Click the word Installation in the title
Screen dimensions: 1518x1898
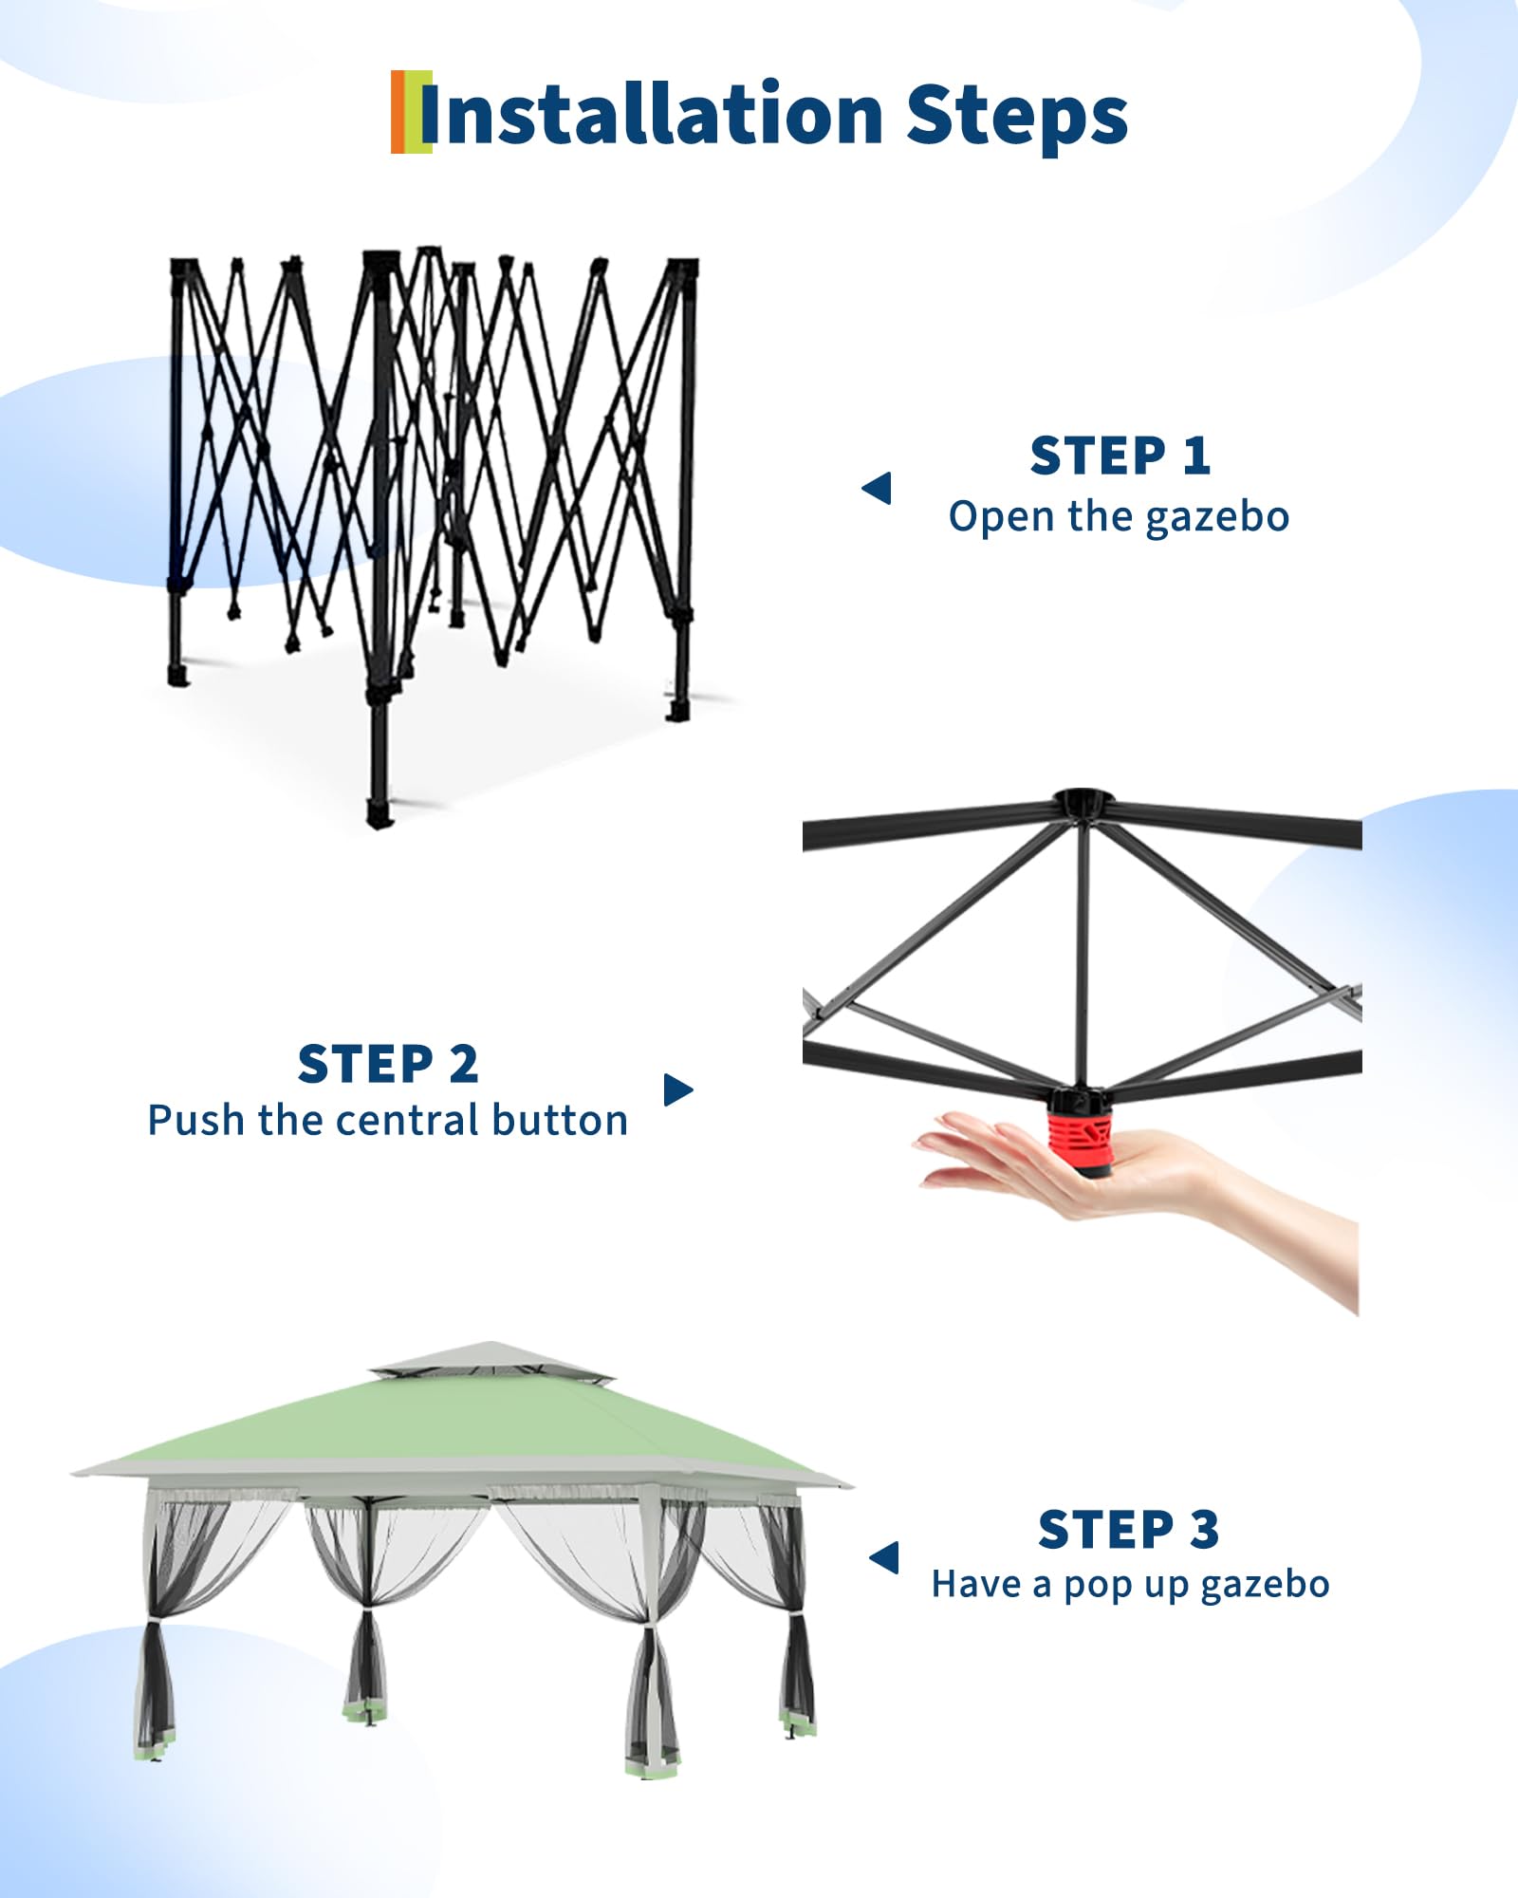(652, 115)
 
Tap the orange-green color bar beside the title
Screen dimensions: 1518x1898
(411, 111)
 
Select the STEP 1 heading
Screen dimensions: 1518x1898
(1120, 456)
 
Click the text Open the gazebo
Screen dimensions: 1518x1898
(1119, 517)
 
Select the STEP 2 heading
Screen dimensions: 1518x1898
(388, 1064)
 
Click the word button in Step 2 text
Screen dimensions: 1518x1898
(560, 1120)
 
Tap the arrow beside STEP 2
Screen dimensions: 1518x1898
(678, 1089)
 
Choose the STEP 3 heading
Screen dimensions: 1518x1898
(1128, 1530)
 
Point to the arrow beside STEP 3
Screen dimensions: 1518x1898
(883, 1557)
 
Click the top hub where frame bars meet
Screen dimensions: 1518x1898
(1083, 802)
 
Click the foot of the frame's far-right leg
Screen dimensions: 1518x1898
(676, 711)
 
